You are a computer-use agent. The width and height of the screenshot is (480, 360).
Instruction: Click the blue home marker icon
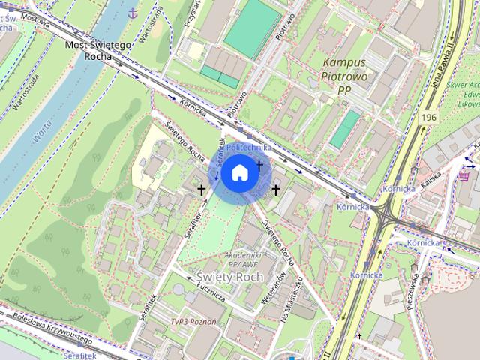239,173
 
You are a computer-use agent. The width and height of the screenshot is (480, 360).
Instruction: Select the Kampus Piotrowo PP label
344,76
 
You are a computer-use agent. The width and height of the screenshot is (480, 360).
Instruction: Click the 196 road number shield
429,118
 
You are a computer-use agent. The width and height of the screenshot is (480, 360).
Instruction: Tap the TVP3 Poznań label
193,321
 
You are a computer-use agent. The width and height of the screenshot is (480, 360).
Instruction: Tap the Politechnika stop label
248,148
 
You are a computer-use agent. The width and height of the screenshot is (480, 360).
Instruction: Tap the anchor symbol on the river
133,13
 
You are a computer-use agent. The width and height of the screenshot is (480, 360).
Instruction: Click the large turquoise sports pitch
253,25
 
